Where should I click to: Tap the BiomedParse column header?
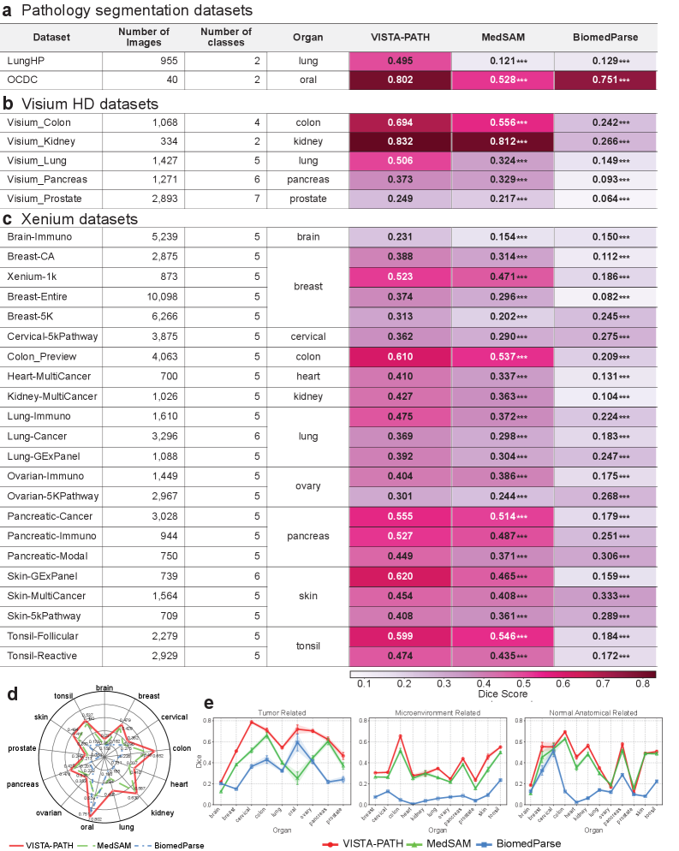(x=605, y=37)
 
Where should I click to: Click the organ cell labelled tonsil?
(x=307, y=644)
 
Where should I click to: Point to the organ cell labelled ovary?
(x=307, y=486)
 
